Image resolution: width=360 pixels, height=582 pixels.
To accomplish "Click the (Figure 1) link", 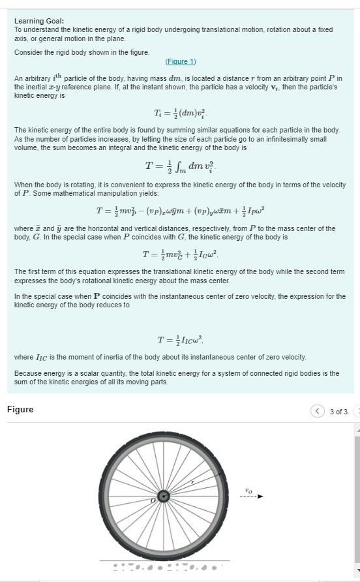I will click(181, 62).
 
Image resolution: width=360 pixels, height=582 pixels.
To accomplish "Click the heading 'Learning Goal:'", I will click(39, 21).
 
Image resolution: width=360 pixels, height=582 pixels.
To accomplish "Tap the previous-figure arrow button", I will click(317, 411).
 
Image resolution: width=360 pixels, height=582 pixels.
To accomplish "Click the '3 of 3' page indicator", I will click(338, 412).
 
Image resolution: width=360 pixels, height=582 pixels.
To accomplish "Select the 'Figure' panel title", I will click(20, 410).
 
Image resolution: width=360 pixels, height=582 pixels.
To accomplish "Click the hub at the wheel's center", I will click(164, 497).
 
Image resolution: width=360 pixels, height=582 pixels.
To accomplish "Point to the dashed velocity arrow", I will click(251, 497).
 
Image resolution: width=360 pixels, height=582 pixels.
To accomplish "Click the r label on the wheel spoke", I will click(192, 482).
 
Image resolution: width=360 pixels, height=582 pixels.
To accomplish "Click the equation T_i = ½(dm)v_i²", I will click(180, 113).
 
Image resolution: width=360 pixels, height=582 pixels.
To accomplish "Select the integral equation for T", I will click(180, 166).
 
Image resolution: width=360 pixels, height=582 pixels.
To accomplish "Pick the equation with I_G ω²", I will click(180, 254).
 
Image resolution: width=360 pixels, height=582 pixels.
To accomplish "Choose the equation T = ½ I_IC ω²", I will click(180, 339).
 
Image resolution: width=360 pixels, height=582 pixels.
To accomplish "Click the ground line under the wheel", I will click(164, 560).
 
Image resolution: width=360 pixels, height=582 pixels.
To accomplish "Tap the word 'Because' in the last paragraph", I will click(28, 373).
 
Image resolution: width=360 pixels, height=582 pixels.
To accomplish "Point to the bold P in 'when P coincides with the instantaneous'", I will click(97, 296).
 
